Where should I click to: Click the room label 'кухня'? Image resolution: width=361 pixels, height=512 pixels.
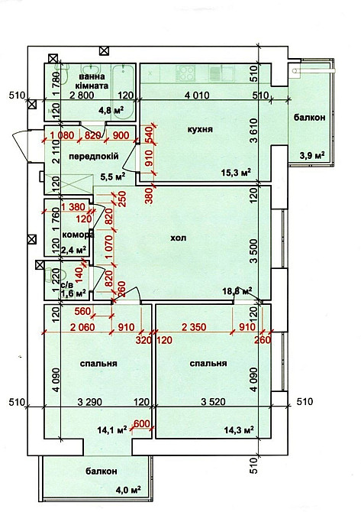[x=199, y=131]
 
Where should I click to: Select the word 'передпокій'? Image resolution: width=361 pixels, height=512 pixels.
[x=92, y=156]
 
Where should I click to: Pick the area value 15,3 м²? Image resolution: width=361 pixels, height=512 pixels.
[x=235, y=172]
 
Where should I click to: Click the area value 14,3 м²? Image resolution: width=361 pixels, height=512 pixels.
[x=234, y=429]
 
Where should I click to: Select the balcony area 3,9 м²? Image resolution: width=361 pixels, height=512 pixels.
[x=311, y=155]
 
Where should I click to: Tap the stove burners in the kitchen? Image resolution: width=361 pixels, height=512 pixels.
[x=185, y=73]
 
